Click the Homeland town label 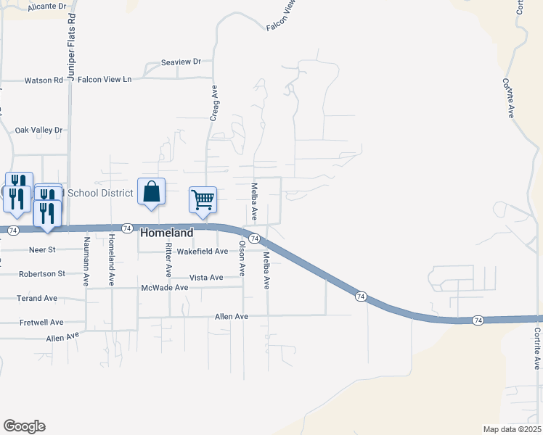(x=166, y=233)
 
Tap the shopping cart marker (x=203, y=199)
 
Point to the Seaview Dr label (x=181, y=62)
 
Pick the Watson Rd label (x=44, y=80)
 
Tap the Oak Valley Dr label (x=39, y=130)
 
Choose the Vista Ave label (x=206, y=278)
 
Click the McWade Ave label (x=165, y=288)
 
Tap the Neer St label (x=41, y=249)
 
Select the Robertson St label (x=41, y=274)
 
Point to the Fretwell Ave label (x=41, y=322)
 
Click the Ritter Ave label (x=168, y=260)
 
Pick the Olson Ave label (x=242, y=258)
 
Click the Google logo (x=24, y=426)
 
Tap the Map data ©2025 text (x=511, y=428)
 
